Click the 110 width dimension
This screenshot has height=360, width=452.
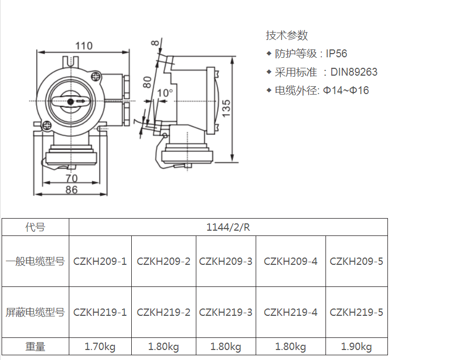[83, 46]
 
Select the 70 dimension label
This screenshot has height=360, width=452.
[72, 178]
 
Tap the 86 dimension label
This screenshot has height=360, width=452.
[72, 190]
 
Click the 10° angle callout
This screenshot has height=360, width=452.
[164, 93]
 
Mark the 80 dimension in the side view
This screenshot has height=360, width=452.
[148, 81]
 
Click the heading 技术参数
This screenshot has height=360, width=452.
[287, 35]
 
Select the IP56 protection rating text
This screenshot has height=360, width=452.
[337, 54]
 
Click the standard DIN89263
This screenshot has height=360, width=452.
[354, 72]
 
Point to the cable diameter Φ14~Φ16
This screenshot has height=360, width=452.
[345, 90]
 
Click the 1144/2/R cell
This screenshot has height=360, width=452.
[228, 227]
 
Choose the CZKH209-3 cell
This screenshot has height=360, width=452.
[226, 261]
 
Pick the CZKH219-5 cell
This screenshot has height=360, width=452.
[356, 312]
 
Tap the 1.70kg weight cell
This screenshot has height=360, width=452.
[100, 347]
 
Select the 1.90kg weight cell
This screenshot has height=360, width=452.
[356, 347]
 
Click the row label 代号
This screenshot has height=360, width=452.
[35, 227]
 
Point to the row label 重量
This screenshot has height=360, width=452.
[35, 347]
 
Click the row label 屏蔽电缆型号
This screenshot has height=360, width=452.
[35, 312]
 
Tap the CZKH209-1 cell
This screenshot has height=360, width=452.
[100, 261]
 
